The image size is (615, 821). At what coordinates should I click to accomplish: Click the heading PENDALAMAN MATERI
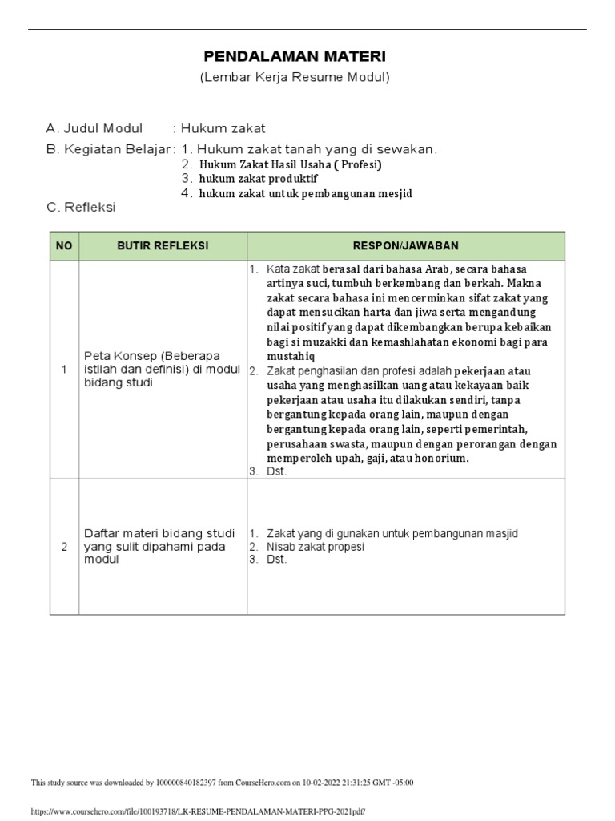pos(295,57)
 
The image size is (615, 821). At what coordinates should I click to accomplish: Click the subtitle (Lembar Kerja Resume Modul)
pos(295,78)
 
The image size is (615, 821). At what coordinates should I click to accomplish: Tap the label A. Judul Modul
pos(94,128)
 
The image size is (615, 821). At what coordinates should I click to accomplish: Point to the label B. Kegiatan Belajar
pos(109,149)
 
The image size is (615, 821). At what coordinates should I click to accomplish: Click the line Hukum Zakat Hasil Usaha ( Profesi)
pos(291,164)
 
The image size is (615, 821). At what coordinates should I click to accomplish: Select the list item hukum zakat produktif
pos(259,179)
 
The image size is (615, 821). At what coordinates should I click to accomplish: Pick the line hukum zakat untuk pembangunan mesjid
pos(306,193)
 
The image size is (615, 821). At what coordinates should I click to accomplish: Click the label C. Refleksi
pos(81,208)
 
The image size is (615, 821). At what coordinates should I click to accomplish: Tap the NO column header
pos(64,246)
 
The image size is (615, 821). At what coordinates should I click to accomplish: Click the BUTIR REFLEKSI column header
pos(163,246)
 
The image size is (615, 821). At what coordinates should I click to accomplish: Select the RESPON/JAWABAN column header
pos(406,246)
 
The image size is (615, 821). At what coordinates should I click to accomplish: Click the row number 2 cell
pos(64,547)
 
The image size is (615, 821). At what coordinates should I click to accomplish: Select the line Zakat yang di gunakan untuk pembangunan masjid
pos(392,533)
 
